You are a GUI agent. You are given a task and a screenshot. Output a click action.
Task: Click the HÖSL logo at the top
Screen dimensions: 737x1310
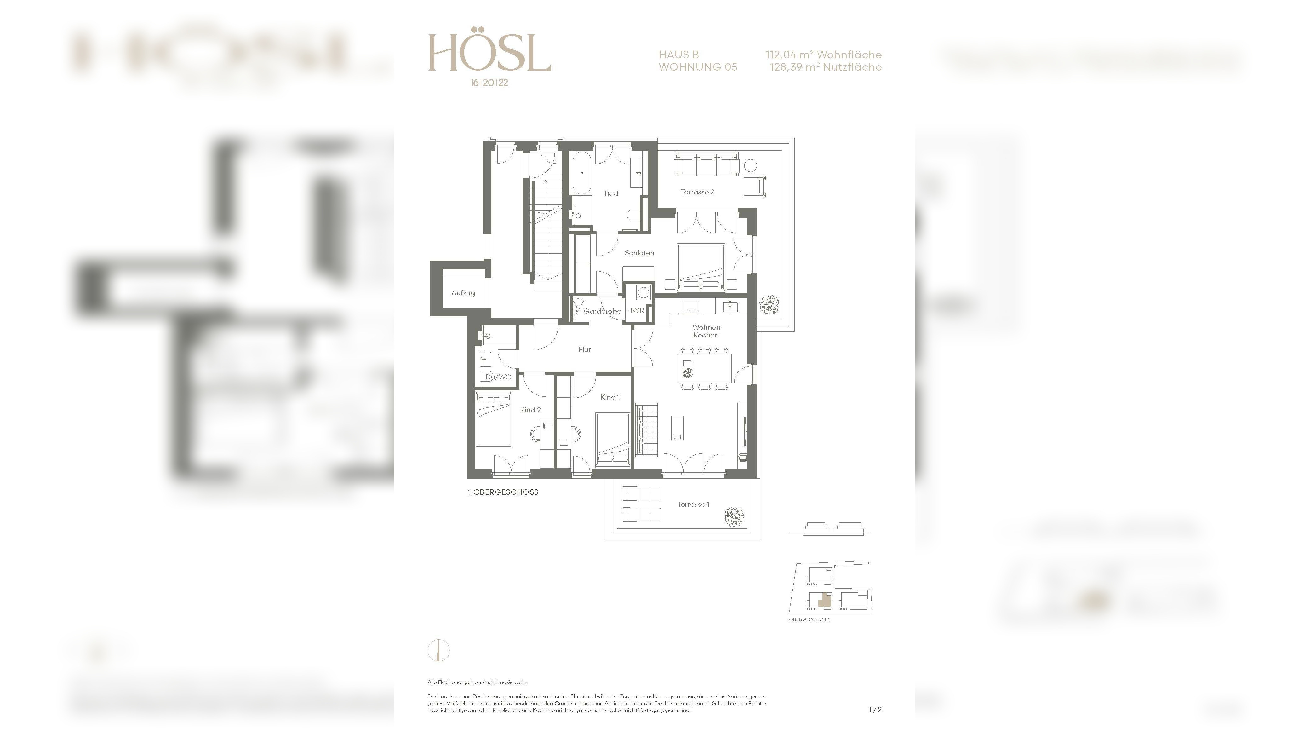489,53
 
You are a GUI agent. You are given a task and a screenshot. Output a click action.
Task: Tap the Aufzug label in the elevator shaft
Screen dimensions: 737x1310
463,293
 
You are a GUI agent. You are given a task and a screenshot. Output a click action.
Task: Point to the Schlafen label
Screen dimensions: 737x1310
639,253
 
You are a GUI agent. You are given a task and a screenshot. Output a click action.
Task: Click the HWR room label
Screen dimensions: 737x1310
635,310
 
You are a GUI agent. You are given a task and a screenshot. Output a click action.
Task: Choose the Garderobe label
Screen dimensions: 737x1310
602,311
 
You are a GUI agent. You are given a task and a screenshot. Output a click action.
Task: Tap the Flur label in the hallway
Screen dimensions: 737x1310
584,349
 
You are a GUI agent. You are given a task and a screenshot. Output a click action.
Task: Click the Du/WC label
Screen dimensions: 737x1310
498,377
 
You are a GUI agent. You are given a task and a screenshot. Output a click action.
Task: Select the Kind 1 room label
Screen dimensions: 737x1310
610,397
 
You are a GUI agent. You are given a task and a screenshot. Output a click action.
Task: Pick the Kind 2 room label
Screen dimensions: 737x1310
530,410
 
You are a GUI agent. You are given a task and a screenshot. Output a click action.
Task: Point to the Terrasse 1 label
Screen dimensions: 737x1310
693,504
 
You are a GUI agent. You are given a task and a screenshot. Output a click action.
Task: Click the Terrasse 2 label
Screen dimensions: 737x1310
697,192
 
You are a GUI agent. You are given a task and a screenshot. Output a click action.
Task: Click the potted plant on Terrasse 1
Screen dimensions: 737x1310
734,516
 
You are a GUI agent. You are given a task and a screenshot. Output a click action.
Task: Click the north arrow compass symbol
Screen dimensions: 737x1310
438,650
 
